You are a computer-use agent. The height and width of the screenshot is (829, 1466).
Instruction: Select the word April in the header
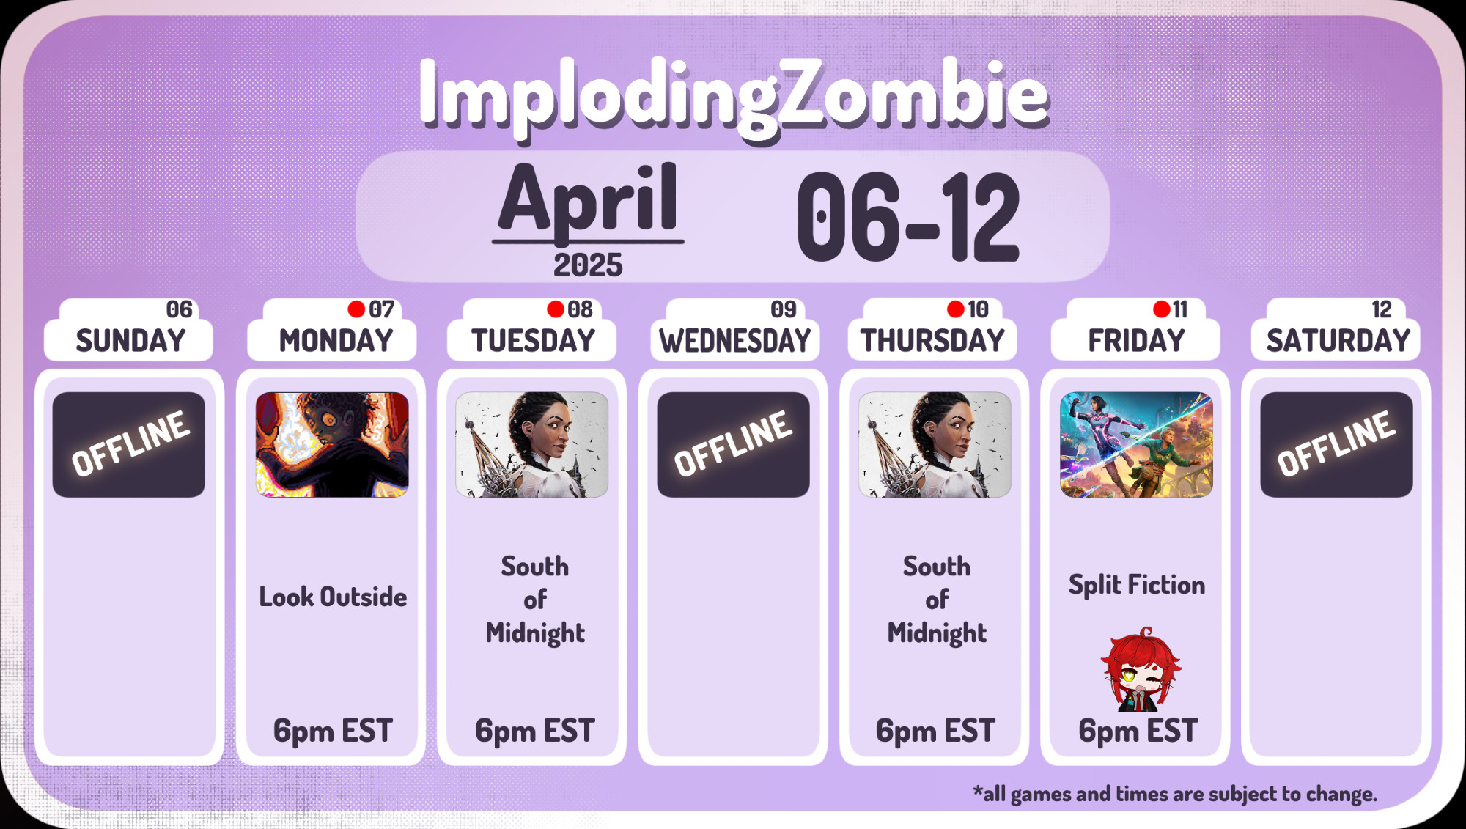588,199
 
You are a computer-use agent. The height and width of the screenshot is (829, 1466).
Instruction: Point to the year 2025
588,265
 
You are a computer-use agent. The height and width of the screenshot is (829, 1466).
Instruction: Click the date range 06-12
908,217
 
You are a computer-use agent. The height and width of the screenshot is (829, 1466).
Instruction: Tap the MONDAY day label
336,341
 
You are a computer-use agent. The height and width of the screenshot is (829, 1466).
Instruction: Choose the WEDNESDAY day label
735,341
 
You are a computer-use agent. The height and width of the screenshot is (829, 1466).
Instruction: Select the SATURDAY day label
1338,341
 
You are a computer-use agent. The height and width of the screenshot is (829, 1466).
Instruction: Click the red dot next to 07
356,309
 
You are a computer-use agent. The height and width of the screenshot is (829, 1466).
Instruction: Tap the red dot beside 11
1161,309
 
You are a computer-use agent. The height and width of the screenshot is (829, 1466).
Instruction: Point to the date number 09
784,309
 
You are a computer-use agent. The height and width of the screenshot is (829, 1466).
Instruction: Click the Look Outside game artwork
332,445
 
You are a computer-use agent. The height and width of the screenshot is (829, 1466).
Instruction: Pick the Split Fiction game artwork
1136,445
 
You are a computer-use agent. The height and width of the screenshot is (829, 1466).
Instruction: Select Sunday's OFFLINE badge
129,445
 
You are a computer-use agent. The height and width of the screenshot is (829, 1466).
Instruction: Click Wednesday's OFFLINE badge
733,445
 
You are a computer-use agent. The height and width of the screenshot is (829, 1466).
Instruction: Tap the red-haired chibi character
1140,669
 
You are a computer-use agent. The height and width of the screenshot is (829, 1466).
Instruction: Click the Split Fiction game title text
1136,586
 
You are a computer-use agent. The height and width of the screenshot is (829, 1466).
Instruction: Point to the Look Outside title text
333,597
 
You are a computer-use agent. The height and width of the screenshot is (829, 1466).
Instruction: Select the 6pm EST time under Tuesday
534,731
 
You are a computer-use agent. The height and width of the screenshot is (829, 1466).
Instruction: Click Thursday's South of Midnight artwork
935,445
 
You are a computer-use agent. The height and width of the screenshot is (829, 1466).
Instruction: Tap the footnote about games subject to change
1175,794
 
